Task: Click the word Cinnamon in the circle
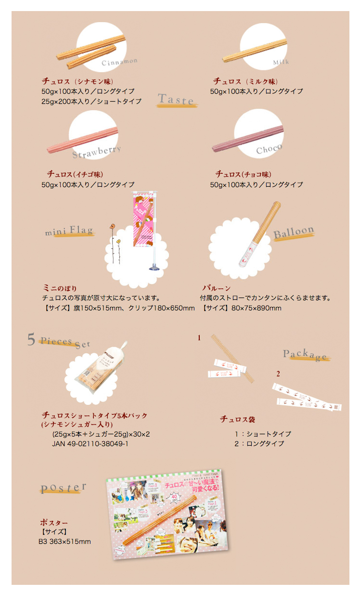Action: [x=119, y=62]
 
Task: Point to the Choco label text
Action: [x=269, y=150]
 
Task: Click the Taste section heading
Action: [x=176, y=100]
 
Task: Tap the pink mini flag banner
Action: [x=144, y=219]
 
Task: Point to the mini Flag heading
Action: [x=69, y=231]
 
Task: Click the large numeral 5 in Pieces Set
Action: [x=31, y=340]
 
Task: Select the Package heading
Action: [x=305, y=355]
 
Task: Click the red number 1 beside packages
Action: [x=199, y=338]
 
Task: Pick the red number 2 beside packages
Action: [x=278, y=374]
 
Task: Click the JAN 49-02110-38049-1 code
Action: [x=90, y=443]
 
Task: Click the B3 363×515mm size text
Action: [x=65, y=542]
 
